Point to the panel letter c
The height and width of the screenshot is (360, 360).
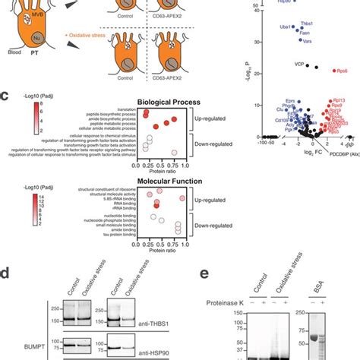5,97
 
